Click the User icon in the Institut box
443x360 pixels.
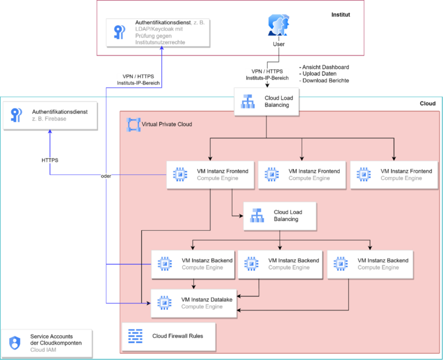click(279, 26)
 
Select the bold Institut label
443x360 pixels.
click(340, 14)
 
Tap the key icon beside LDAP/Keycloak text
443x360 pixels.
click(120, 32)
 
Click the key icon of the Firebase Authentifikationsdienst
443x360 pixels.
click(16, 115)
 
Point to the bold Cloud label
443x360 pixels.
click(427, 104)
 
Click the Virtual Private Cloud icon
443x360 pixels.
click(134, 123)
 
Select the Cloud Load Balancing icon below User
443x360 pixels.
click(248, 102)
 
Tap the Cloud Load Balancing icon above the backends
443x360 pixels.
click(257, 216)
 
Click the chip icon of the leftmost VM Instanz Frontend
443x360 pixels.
click(179, 174)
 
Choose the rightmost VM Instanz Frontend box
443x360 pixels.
click(394, 174)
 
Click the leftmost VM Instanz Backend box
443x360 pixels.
click(193, 264)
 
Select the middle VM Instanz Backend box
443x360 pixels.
click(280, 264)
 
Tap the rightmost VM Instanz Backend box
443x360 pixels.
click(370, 264)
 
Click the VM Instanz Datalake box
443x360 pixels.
click(193, 303)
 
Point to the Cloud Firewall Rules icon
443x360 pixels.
click(136, 336)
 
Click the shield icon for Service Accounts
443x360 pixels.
click(15, 343)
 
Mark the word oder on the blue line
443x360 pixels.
click(105, 176)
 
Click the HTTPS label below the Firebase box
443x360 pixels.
click(50, 159)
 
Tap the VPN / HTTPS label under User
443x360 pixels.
click(267, 74)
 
